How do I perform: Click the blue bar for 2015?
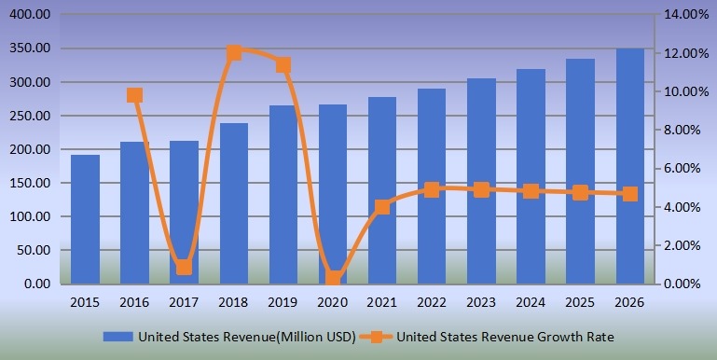tap(85, 219)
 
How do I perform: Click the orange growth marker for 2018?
tap(234, 52)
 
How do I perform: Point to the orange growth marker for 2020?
tap(333, 278)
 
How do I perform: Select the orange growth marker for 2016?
tap(134, 95)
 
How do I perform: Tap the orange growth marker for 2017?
tap(184, 268)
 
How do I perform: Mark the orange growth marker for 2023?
tap(481, 189)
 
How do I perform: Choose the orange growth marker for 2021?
tap(382, 207)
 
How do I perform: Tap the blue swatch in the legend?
tap(117, 337)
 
